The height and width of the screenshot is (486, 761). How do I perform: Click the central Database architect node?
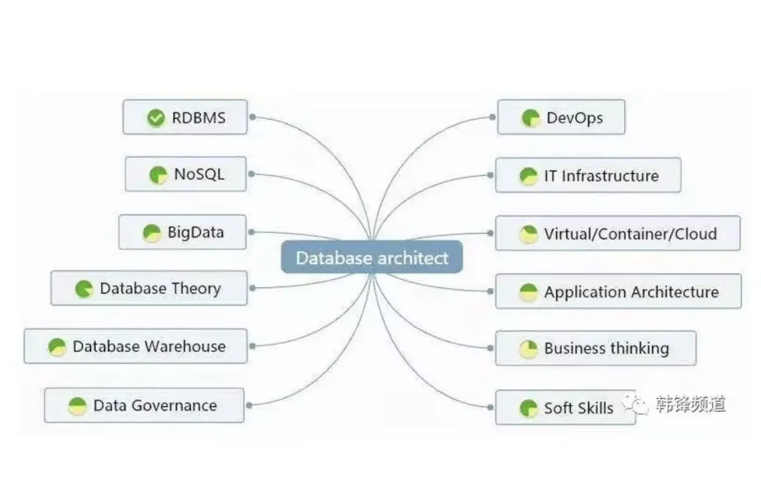pyautogui.click(x=372, y=258)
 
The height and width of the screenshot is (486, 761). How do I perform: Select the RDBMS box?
pyautogui.click(x=185, y=117)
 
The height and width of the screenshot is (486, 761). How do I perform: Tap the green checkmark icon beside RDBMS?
pyautogui.click(x=155, y=119)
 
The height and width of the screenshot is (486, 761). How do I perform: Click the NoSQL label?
pyautogui.click(x=199, y=174)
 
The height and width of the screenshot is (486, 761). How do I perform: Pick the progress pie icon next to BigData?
pyautogui.click(x=152, y=233)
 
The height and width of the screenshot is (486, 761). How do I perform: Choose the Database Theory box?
pyautogui.click(x=149, y=288)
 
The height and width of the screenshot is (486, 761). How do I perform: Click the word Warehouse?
pyautogui.click(x=185, y=346)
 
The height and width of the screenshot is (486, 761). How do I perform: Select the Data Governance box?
pyautogui.click(x=144, y=405)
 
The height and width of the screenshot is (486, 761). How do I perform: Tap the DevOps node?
pyautogui.click(x=561, y=117)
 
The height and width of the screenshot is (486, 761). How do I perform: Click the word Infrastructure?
pyautogui.click(x=610, y=176)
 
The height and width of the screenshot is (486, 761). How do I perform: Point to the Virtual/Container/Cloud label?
pyautogui.click(x=630, y=234)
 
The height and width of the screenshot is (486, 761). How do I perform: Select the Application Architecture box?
pyautogui.click(x=618, y=291)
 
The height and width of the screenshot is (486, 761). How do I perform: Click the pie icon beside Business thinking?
pyautogui.click(x=528, y=349)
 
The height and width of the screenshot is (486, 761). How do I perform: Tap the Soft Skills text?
pyautogui.click(x=578, y=408)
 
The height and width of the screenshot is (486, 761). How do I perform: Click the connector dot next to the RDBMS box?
pyautogui.click(x=253, y=117)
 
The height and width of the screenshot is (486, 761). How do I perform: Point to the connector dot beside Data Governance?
pyautogui.click(x=249, y=405)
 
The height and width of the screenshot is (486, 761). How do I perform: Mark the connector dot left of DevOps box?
pyautogui.click(x=492, y=117)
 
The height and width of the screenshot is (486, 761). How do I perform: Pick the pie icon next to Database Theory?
pyautogui.click(x=84, y=289)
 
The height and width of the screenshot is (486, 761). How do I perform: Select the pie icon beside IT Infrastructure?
pyautogui.click(x=528, y=176)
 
